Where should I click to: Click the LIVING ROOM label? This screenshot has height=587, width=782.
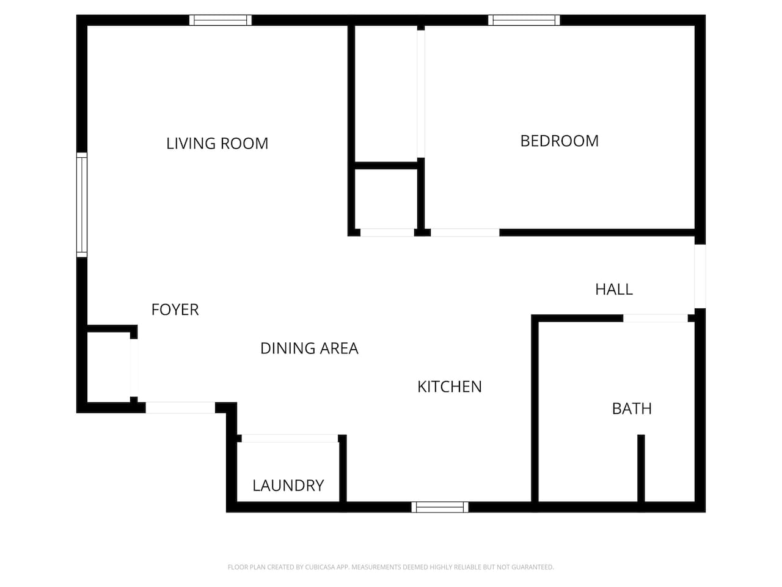tap(217, 144)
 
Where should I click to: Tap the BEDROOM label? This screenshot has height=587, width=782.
tap(559, 141)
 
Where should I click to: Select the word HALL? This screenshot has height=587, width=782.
tap(614, 289)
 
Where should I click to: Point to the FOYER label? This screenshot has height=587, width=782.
tap(175, 310)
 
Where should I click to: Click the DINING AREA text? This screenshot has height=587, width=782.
tap(309, 349)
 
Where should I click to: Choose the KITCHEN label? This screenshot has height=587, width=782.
tap(450, 387)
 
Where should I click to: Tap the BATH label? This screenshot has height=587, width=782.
tap(632, 409)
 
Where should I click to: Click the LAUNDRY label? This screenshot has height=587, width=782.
tap(288, 485)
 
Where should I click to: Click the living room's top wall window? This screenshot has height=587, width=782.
tap(220, 20)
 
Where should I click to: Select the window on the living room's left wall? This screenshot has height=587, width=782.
tap(82, 205)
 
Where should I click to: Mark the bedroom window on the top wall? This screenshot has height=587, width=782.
tap(524, 20)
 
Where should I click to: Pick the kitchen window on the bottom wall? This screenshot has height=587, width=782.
tap(440, 507)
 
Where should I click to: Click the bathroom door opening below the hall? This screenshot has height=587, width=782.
tap(655, 319)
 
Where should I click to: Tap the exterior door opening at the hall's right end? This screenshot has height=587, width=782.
tap(700, 276)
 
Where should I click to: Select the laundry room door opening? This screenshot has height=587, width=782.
tap(290, 438)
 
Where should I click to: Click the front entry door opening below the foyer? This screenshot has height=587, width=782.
tap(180, 408)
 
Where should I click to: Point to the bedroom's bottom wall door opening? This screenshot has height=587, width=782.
tap(465, 233)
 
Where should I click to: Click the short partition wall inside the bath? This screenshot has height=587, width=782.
tap(641, 468)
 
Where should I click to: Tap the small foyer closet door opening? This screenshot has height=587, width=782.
tap(134, 368)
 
